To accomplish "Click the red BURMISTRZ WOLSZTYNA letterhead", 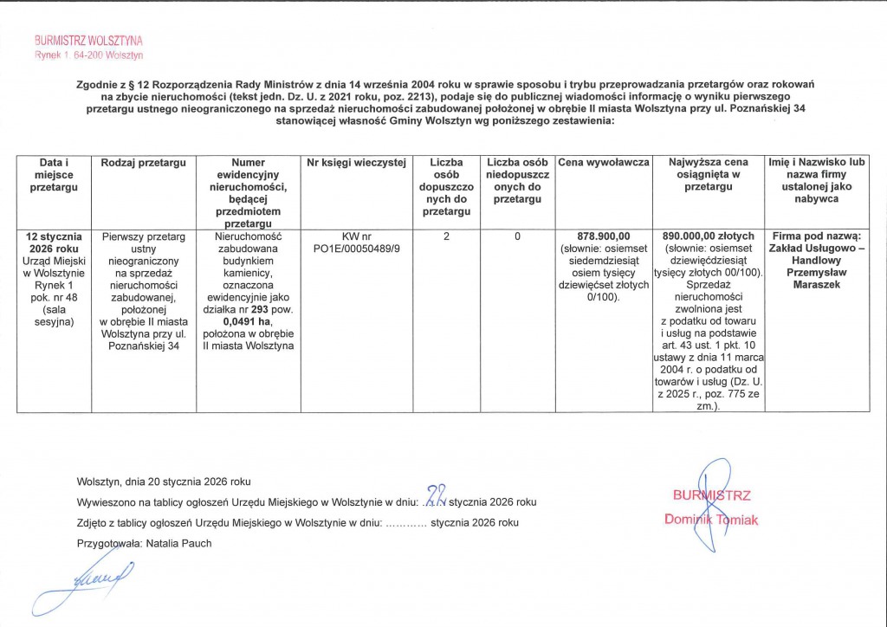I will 88,41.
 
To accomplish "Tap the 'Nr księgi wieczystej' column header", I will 357,163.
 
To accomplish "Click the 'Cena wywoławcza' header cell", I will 604,163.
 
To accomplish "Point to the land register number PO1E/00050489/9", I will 357,249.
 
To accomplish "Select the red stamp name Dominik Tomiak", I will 711,520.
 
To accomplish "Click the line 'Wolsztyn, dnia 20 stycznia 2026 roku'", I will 164,482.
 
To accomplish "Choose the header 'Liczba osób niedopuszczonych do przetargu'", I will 516,181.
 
